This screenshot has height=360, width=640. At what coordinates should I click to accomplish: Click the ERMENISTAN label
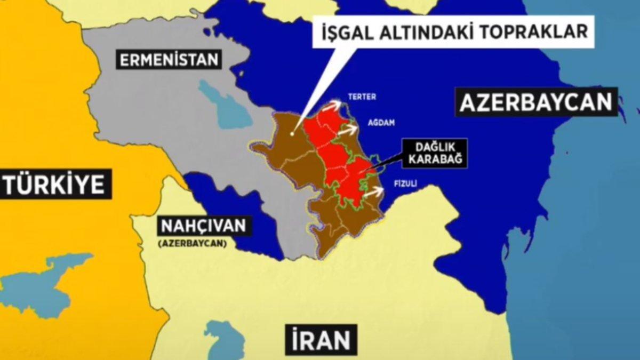coord(169,59)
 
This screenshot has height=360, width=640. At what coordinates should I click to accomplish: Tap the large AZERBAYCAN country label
coord(535,102)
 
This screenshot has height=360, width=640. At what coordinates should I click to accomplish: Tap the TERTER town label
coord(362,97)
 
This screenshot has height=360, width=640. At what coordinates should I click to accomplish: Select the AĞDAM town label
coord(381,123)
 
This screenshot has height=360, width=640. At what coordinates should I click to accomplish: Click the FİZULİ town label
coord(404,183)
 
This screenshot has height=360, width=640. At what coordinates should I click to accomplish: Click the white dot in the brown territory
coord(292,134)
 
